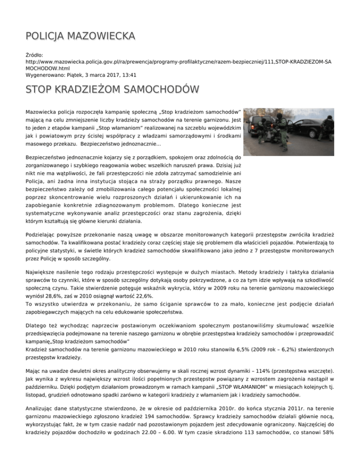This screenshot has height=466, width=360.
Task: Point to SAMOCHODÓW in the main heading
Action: coord(157,89)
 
